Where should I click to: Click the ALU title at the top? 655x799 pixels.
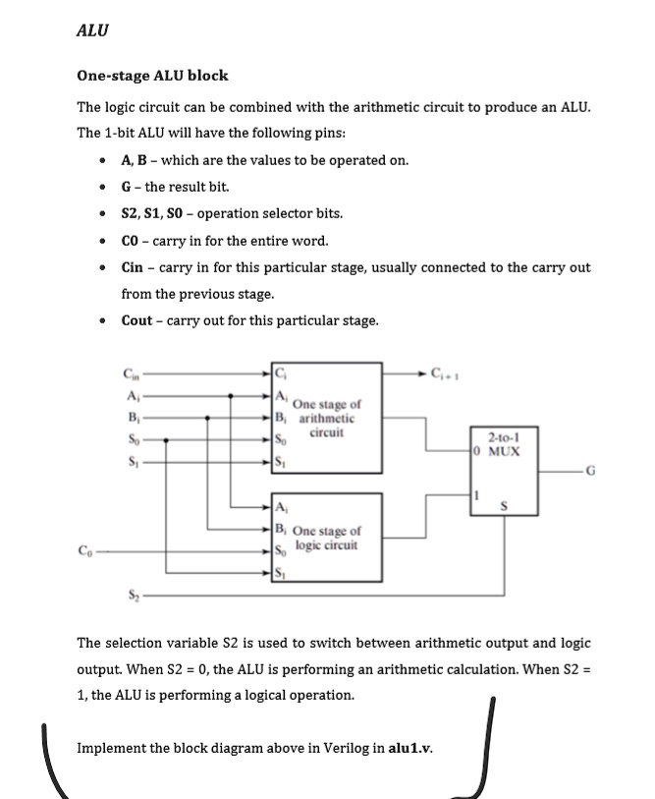pos(92,30)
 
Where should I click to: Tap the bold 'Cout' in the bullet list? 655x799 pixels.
pos(137,319)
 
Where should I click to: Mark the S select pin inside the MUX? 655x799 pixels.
pos(506,508)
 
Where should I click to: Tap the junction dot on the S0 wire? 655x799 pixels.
pos(165,439)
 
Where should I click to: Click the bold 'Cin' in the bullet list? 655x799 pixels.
pos(133,267)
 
